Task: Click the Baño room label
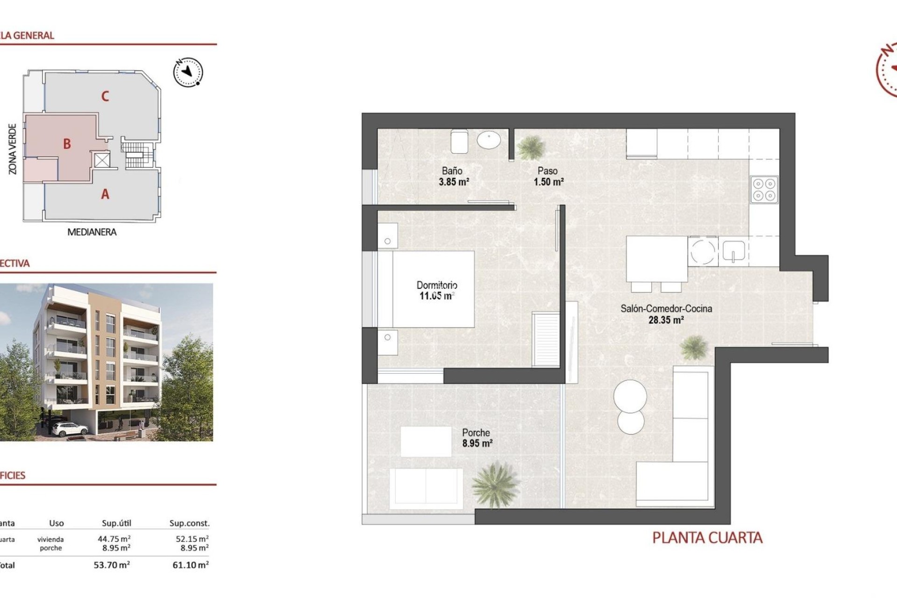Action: [x=452, y=171]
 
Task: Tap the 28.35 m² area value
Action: [x=666, y=320]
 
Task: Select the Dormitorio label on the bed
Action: [x=437, y=285]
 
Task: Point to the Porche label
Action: [x=476, y=433]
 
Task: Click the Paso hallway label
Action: [x=548, y=171]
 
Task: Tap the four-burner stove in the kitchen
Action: [x=764, y=190]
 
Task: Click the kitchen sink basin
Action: [x=733, y=251]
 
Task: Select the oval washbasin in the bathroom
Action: [x=489, y=139]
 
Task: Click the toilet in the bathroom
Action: [x=459, y=141]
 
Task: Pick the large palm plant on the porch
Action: [x=494, y=484]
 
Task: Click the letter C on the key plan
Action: [x=105, y=96]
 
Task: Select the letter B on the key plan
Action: [x=67, y=144]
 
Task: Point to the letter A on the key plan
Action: [x=105, y=194]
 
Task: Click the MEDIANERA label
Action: [x=92, y=232]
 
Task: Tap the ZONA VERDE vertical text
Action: [x=13, y=149]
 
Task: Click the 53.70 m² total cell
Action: [x=112, y=565]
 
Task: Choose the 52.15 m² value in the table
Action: [x=192, y=539]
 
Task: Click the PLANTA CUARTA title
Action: [x=707, y=538]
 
